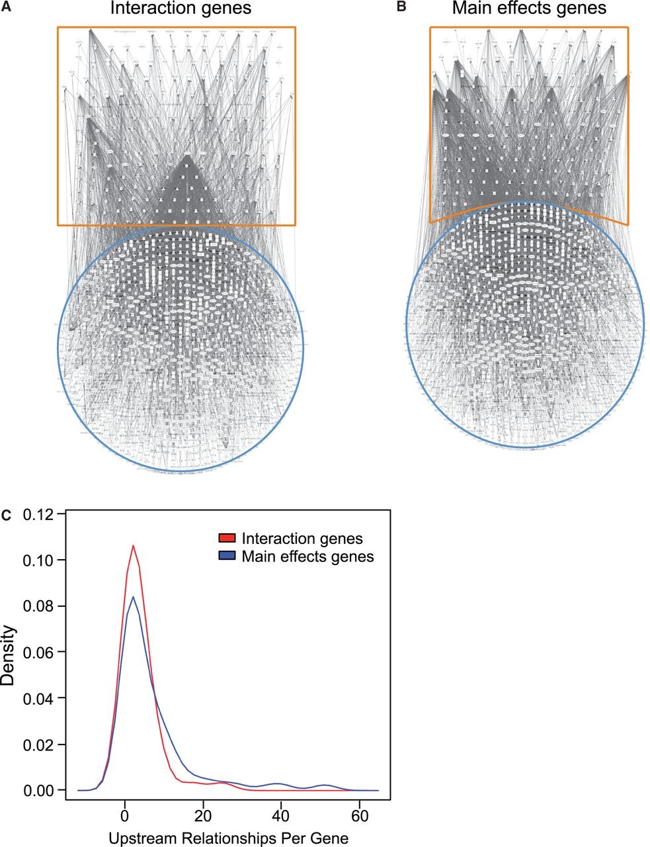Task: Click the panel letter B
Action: (x=400, y=8)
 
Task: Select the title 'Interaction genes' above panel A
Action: (x=175, y=9)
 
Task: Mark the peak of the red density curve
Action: (x=133, y=546)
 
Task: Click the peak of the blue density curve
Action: (x=134, y=597)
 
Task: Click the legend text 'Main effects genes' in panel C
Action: (x=308, y=557)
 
